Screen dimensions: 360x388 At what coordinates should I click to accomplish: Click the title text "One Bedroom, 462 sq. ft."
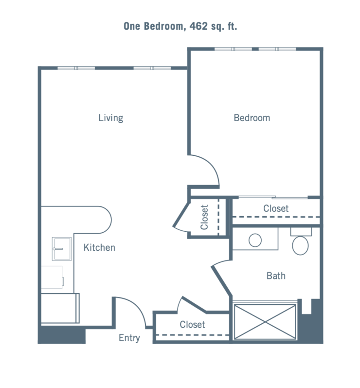180,26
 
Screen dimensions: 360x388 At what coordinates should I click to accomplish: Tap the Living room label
111,117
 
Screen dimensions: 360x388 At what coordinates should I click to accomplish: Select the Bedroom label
252,117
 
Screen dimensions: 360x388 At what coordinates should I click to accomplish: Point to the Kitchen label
99,247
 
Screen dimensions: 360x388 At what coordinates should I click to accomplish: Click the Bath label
276,276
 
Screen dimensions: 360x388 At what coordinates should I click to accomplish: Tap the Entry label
129,337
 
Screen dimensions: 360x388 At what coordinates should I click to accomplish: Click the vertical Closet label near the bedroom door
205,217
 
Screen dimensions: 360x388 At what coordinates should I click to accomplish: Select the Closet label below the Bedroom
276,208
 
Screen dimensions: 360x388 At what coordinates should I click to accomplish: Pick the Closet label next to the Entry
192,324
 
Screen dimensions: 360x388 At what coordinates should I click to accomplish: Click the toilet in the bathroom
301,245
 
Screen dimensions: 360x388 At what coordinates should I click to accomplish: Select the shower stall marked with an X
265,321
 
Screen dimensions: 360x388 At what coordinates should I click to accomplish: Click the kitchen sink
62,248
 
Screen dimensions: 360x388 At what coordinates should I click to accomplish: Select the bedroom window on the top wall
255,49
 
